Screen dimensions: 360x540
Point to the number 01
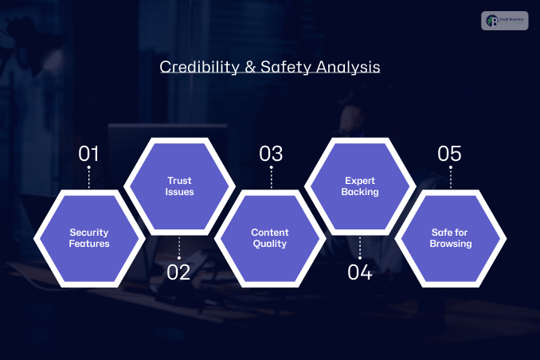[x=89, y=154]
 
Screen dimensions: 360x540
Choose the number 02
[x=179, y=272]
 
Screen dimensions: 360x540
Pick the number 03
[x=271, y=154]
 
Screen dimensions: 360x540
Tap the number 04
[x=360, y=272]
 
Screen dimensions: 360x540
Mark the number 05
[x=450, y=154]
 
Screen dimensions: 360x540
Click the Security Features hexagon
[x=89, y=238]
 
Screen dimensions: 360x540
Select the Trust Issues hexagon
[x=179, y=186]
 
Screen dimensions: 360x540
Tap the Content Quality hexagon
[x=270, y=238]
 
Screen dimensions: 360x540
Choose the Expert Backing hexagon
[x=361, y=186]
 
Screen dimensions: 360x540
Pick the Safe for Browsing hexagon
[x=451, y=238]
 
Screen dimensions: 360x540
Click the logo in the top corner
[x=504, y=20]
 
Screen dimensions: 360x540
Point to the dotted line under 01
[x=89, y=178]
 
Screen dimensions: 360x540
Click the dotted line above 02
[x=179, y=248]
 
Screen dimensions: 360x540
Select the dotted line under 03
[x=271, y=178]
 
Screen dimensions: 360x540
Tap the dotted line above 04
[x=360, y=248]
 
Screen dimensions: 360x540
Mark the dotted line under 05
[x=450, y=178]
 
